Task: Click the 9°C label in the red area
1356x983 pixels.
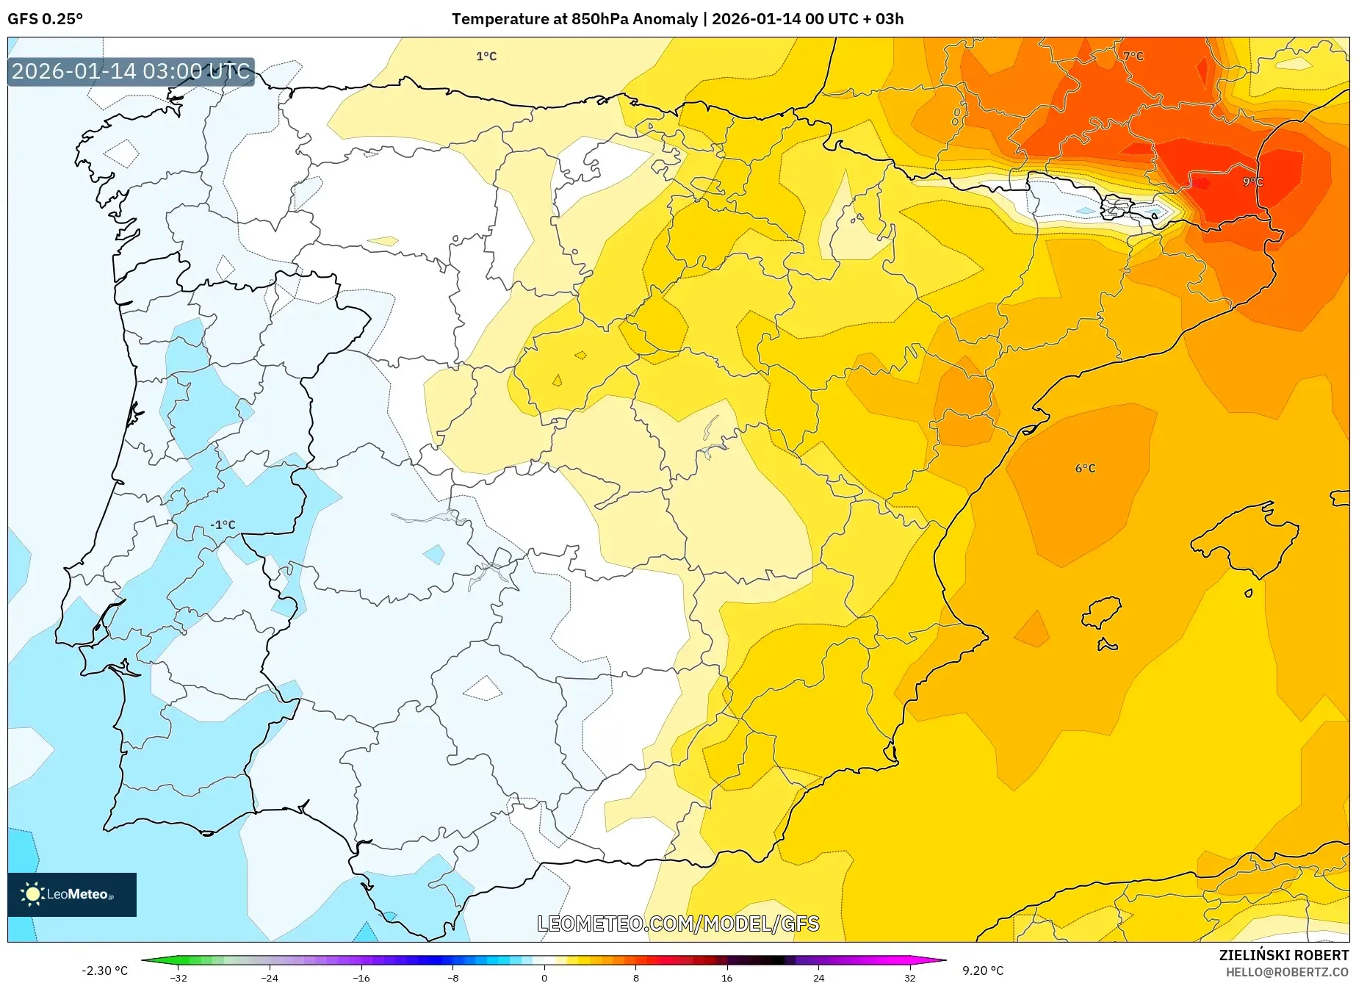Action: pyautogui.click(x=1252, y=181)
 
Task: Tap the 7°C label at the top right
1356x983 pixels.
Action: pyautogui.click(x=1133, y=56)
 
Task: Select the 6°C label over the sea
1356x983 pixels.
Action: pyautogui.click(x=1085, y=468)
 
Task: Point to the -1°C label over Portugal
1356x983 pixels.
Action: pyautogui.click(x=223, y=525)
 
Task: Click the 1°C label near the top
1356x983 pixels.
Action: pyautogui.click(x=486, y=56)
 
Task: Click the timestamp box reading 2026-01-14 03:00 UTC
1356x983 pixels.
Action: pyautogui.click(x=131, y=71)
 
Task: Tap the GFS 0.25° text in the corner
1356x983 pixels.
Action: pyautogui.click(x=45, y=19)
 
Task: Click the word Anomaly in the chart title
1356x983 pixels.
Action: pyautogui.click(x=665, y=19)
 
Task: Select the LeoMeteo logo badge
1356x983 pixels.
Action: pyautogui.click(x=72, y=894)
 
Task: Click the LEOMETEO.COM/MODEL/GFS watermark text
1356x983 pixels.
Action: pyautogui.click(x=677, y=923)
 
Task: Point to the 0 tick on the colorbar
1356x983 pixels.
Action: pyautogui.click(x=544, y=977)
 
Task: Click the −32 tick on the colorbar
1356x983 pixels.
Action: pyautogui.click(x=178, y=977)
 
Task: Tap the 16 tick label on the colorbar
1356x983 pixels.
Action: pyautogui.click(x=726, y=977)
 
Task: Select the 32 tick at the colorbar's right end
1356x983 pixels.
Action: pyautogui.click(x=909, y=977)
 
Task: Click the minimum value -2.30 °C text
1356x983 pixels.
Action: pyautogui.click(x=104, y=971)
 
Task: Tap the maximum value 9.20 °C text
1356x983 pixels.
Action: pyautogui.click(x=983, y=971)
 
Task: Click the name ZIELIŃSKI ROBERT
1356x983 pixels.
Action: pyautogui.click(x=1284, y=956)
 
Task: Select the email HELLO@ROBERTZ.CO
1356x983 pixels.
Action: pyautogui.click(x=1287, y=972)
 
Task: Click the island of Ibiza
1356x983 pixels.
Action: pyautogui.click(x=1103, y=611)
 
